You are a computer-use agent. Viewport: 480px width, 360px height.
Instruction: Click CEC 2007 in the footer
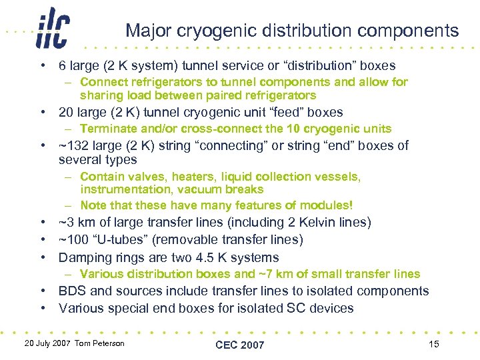tap(240, 344)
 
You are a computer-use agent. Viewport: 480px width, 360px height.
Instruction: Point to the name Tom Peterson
tap(99, 343)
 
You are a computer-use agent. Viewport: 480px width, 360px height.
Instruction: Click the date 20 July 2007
tap(48, 343)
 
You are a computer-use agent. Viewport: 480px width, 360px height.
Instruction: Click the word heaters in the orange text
tap(196, 177)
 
